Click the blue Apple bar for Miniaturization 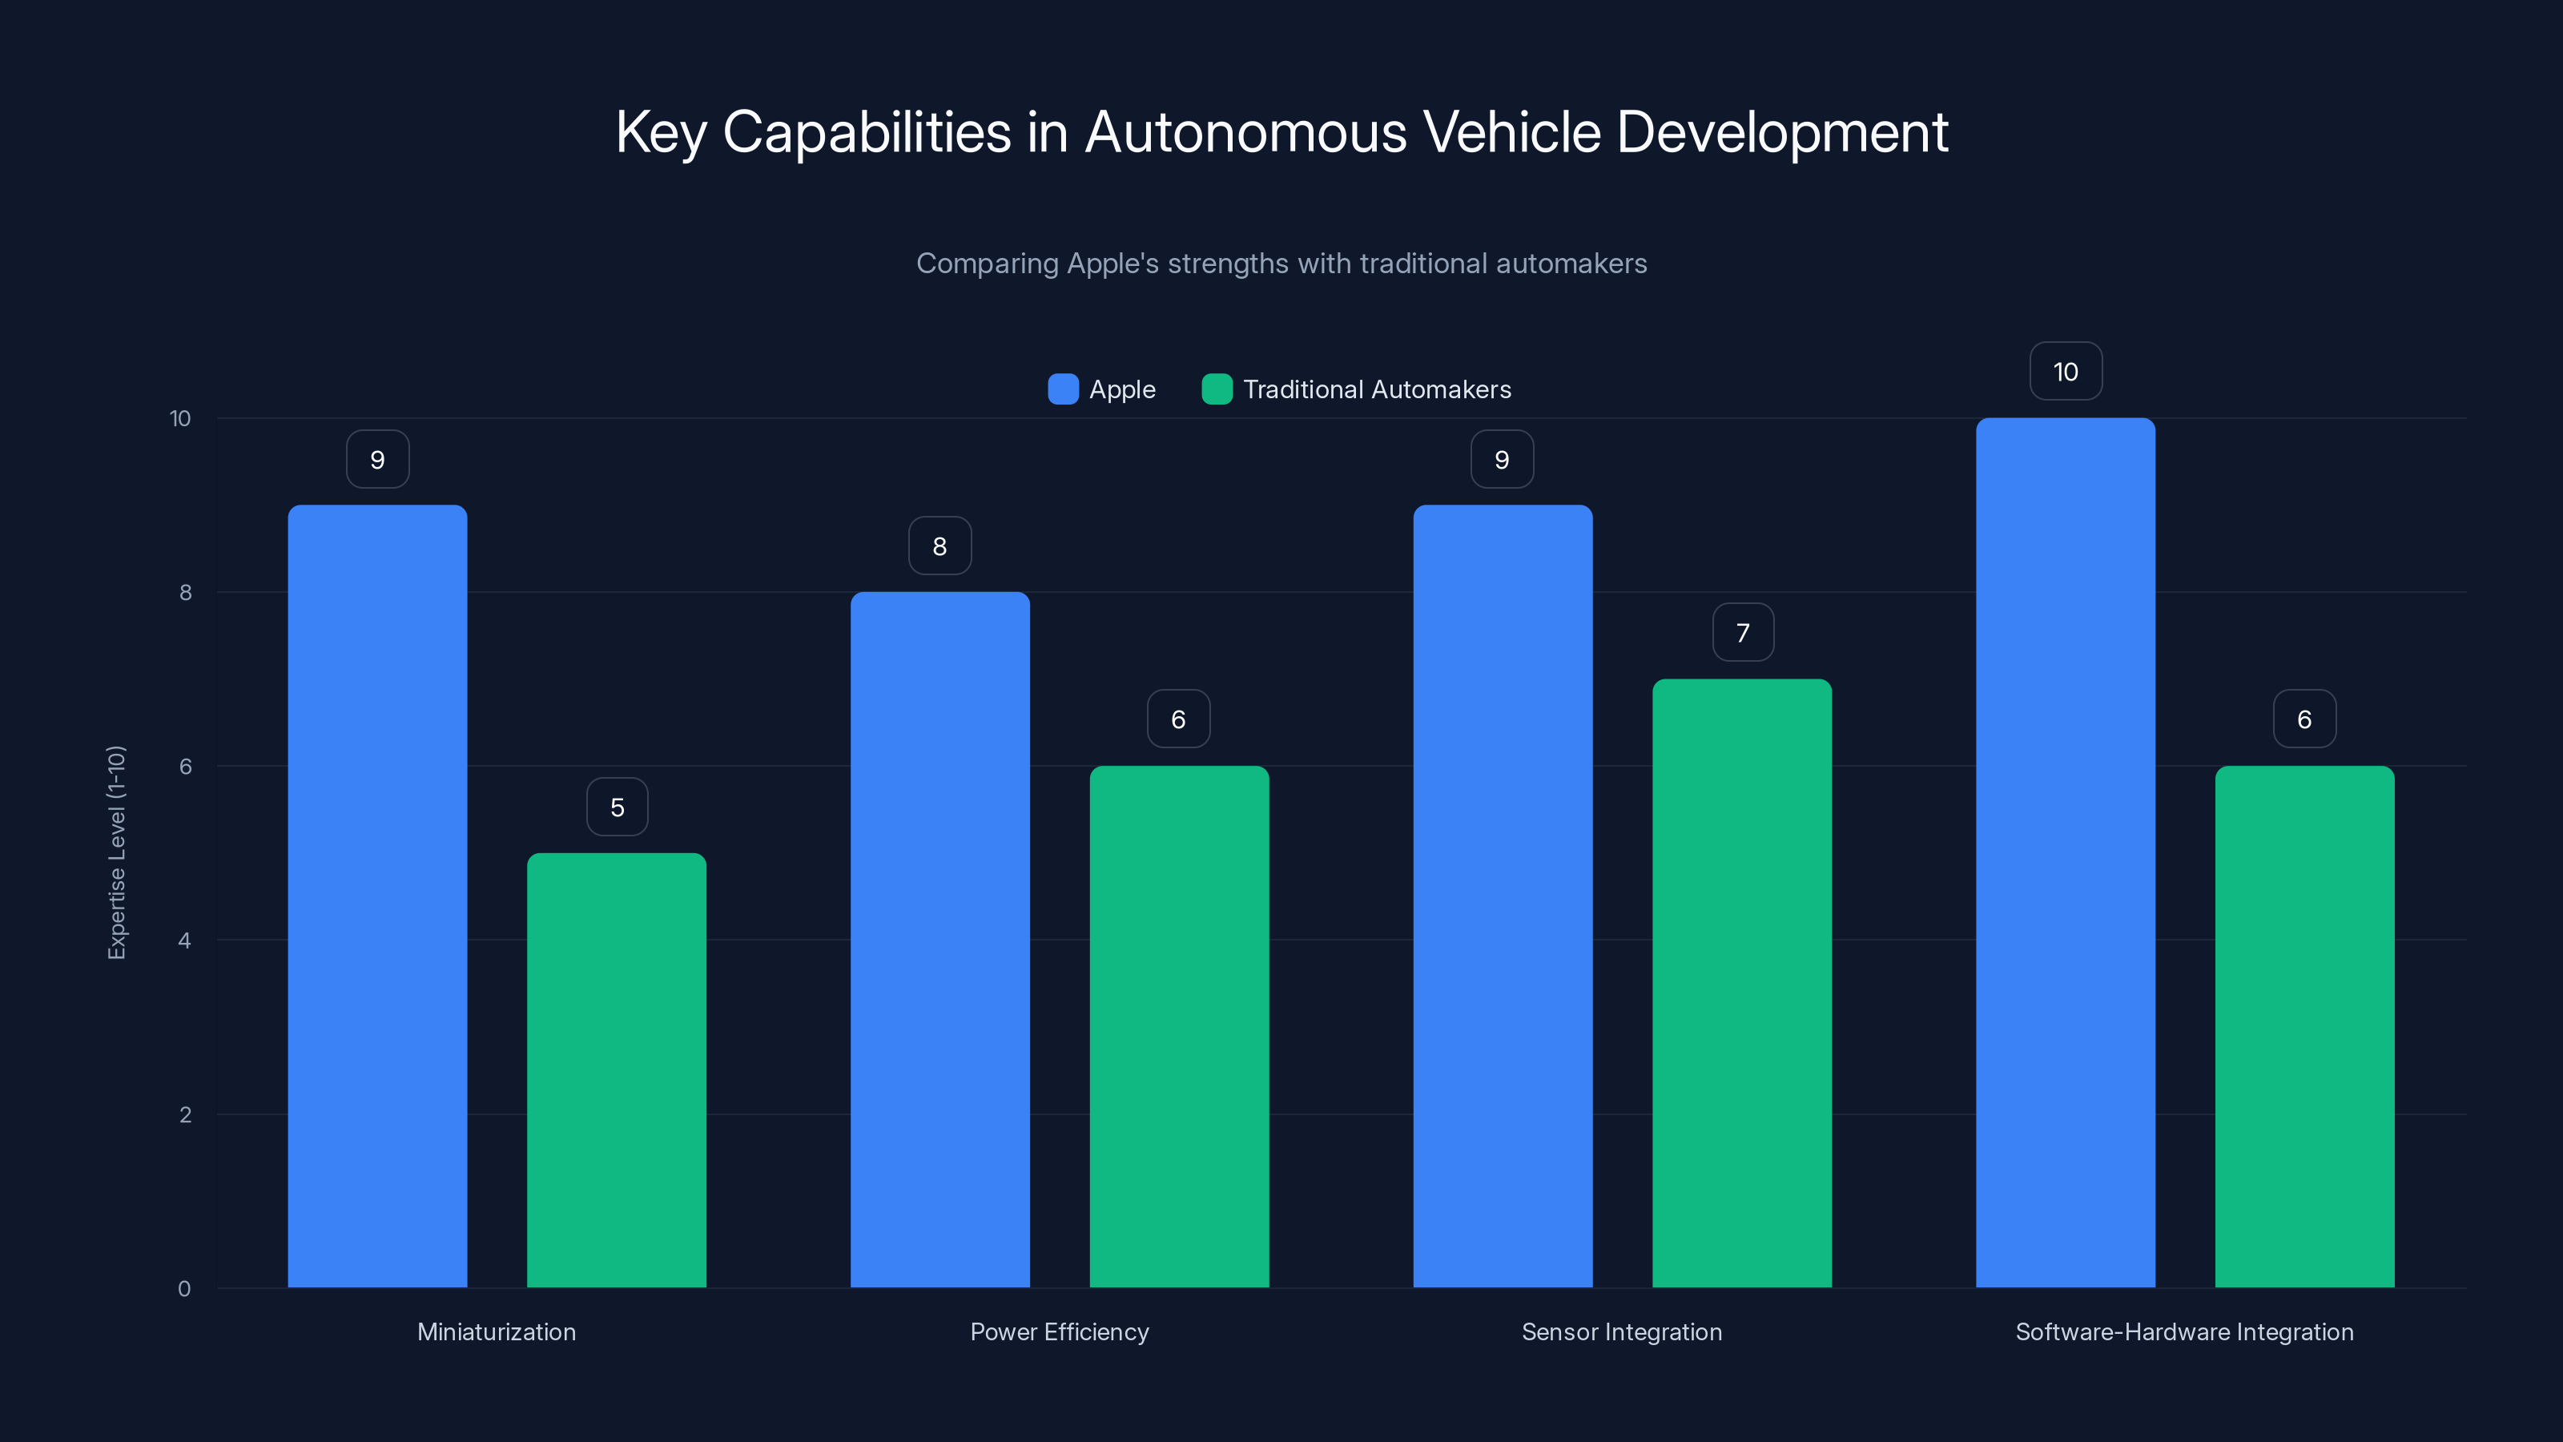[377, 896]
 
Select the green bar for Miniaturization [616, 1069]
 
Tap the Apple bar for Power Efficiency [939, 940]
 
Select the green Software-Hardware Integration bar [2304, 1026]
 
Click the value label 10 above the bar [2066, 371]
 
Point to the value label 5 [617, 807]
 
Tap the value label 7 [1742, 633]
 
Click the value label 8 [939, 546]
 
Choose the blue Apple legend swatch [1063, 389]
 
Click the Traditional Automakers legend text [1376, 389]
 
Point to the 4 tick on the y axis [185, 941]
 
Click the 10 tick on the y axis [180, 418]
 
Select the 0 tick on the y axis [185, 1289]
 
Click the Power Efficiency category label [1059, 1331]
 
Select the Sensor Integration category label [1621, 1331]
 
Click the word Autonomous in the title [1245, 132]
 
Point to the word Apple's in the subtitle [1113, 264]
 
